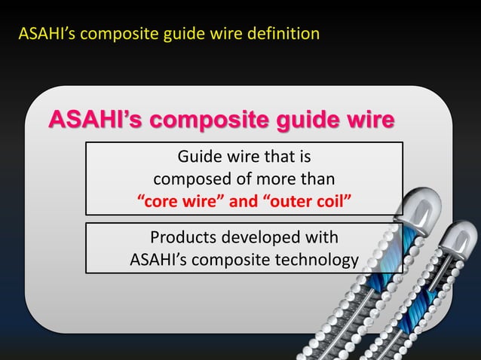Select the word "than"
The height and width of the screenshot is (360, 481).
click(x=319, y=180)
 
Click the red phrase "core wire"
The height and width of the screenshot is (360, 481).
click(x=183, y=201)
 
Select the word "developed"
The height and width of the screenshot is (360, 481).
click(x=264, y=238)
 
